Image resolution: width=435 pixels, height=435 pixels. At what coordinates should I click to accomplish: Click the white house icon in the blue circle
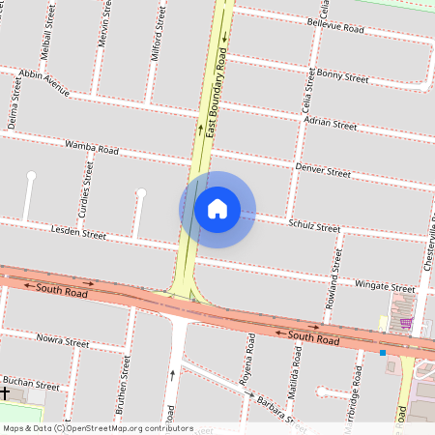[217, 209]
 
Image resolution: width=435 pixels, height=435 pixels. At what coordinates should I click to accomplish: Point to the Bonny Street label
[343, 75]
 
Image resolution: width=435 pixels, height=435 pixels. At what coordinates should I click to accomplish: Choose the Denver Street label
[323, 170]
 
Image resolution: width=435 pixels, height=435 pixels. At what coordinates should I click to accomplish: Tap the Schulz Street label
[314, 225]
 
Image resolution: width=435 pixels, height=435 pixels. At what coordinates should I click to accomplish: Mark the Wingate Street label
[386, 287]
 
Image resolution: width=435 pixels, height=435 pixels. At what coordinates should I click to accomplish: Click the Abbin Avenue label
[43, 83]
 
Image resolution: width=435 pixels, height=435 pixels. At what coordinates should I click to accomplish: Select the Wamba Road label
[91, 149]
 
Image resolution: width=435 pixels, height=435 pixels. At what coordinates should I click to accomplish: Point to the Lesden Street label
[77, 233]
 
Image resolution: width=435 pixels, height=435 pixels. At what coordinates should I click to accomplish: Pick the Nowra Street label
[62, 342]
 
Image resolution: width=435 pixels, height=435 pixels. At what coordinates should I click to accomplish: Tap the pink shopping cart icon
[406, 324]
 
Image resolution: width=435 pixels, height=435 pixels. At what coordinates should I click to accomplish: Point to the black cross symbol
[5, 394]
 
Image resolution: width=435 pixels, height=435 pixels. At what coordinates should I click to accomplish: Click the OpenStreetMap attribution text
[84, 428]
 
